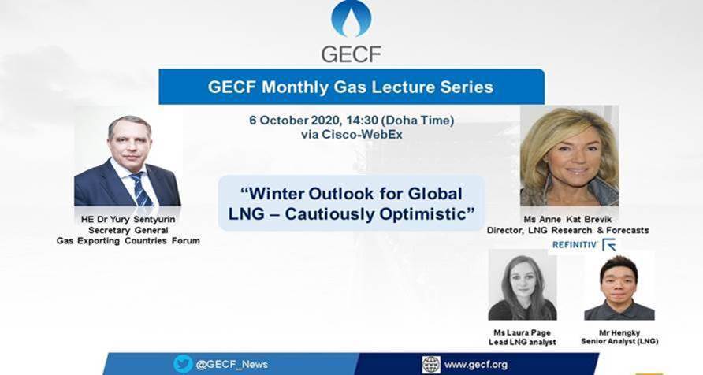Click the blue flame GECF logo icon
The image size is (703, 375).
coord(351,18)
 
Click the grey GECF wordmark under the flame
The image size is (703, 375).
coord(351,54)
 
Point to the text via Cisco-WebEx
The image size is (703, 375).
coord(351,135)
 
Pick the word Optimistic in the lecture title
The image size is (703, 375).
coord(422,213)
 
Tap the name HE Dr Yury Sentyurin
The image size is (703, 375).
coord(128,220)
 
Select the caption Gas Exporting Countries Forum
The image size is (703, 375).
coord(128,241)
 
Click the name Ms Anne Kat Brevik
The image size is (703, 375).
coord(567,220)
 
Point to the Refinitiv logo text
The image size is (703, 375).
coord(575,245)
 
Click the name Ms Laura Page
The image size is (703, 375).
coord(522,333)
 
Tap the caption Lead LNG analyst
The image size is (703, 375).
coord(523,342)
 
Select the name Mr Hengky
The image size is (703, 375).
coord(619,333)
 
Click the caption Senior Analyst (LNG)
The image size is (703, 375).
coord(619,341)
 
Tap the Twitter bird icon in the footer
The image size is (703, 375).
coord(183,364)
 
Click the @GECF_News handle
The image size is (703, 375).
coord(232,364)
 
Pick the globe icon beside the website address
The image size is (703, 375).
coord(431,365)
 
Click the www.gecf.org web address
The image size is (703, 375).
coord(476,365)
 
